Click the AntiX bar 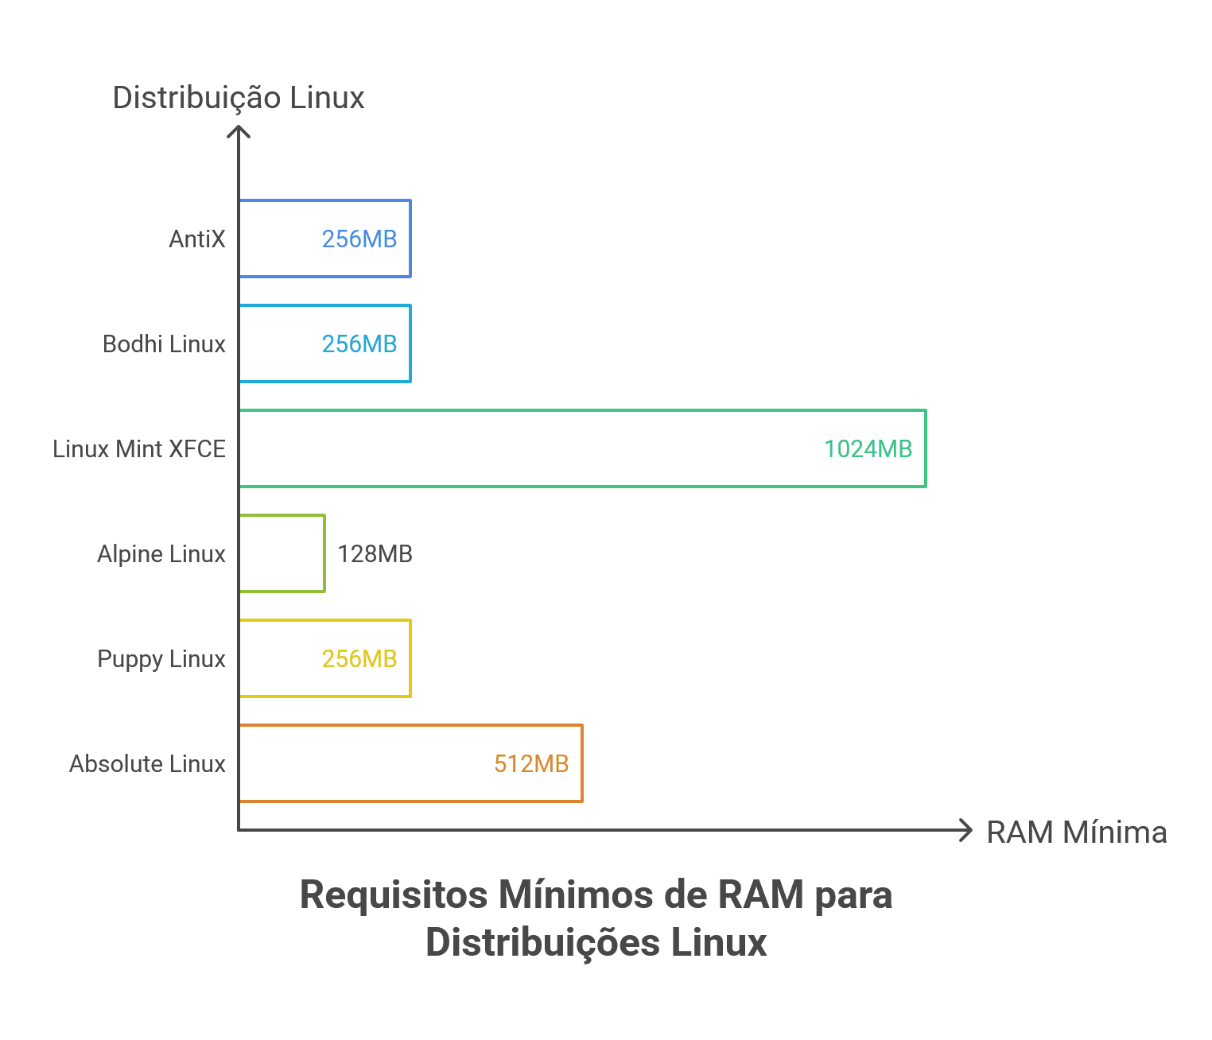coord(410,239)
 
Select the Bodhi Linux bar coord(410,343)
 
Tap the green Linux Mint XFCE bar coord(925,448)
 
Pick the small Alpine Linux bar coord(324,553)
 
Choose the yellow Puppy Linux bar coord(410,658)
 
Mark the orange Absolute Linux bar coord(581,763)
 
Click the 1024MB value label coord(868,449)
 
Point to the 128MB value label coord(375,554)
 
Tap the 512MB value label coord(531,764)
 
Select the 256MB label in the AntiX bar coord(359,239)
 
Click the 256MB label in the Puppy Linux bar coord(359,659)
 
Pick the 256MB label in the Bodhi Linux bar coord(359,344)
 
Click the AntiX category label coord(197,239)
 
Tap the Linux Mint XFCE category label coord(139,449)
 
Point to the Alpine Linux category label coord(161,554)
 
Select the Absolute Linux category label coord(147,764)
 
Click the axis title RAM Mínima coord(1077,832)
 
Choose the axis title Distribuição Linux coord(238,97)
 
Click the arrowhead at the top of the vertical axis coord(239,128)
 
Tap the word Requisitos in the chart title coord(394,895)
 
